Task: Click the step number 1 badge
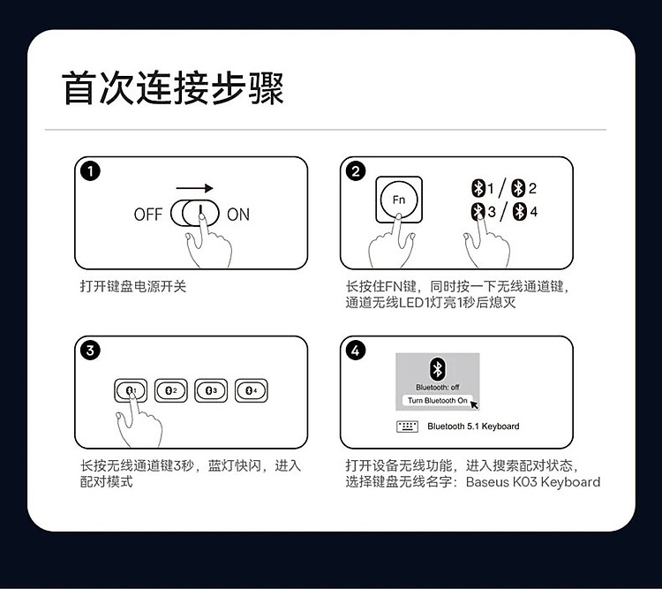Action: [x=90, y=171]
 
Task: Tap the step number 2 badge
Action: [x=356, y=171]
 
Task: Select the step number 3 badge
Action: [x=90, y=351]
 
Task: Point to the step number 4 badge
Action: [x=356, y=351]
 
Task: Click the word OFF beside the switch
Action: [x=147, y=215]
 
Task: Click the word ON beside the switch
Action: [x=238, y=215]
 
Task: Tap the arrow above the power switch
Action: [x=194, y=188]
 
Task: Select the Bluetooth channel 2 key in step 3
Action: [x=170, y=390]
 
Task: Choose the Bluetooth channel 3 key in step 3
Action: [x=211, y=390]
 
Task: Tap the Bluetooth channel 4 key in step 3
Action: [x=252, y=390]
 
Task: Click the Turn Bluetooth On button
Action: [x=438, y=400]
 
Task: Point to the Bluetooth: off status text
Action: [x=438, y=387]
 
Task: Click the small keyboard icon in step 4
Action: [x=408, y=427]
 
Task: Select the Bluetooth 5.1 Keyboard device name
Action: [x=473, y=427]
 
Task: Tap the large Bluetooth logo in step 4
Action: [x=438, y=369]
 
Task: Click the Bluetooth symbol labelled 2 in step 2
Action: [x=518, y=188]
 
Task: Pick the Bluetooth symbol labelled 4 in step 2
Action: [x=520, y=212]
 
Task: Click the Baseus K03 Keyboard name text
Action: [x=533, y=481]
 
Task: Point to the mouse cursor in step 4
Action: [x=474, y=404]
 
